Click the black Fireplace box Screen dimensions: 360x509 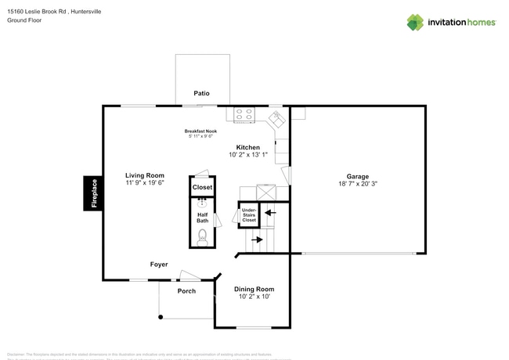pos(94,193)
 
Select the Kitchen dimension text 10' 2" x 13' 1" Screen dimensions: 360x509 pos(248,155)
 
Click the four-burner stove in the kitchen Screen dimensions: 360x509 pos(244,114)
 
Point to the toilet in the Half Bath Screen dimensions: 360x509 pos(202,235)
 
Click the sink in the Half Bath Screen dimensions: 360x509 pos(201,204)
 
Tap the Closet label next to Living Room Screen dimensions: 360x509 pos(202,188)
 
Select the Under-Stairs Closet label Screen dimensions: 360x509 pos(249,215)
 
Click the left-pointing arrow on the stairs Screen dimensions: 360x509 pos(271,211)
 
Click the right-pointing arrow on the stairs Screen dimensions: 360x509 pos(257,240)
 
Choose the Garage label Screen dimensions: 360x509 pos(358,176)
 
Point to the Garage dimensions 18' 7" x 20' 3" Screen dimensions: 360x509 pos(358,184)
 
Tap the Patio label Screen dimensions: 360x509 pos(202,94)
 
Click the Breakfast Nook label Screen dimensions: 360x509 pos(200,131)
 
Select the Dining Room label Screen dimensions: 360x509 pos(254,289)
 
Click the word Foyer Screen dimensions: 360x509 pos(159,265)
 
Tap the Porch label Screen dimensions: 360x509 pos(186,291)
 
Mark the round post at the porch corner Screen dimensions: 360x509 pos(160,317)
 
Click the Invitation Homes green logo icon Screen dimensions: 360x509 pos(415,22)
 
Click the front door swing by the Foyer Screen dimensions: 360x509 pos(190,275)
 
